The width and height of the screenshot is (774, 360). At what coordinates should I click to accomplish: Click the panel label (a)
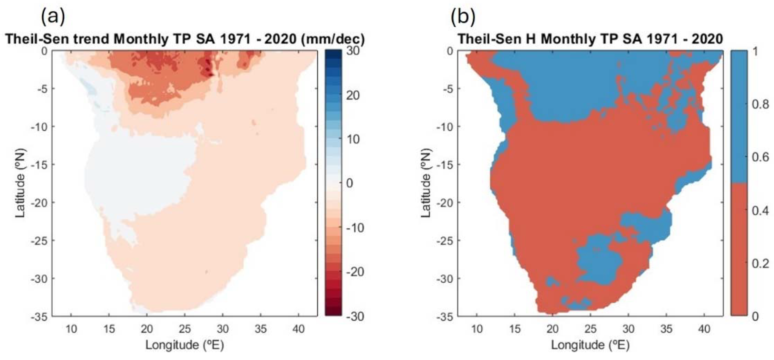[x=53, y=18]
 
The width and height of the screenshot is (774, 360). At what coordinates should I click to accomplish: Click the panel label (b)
[x=463, y=18]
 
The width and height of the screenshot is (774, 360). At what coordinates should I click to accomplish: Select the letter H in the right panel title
[x=531, y=39]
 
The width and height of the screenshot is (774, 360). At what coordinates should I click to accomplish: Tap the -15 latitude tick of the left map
[x=39, y=165]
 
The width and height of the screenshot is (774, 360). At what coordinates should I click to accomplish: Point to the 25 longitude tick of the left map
[x=184, y=329]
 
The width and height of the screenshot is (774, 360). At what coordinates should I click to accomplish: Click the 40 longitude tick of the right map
[x=704, y=329]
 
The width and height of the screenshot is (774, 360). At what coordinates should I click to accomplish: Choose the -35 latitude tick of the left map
[x=39, y=316]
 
